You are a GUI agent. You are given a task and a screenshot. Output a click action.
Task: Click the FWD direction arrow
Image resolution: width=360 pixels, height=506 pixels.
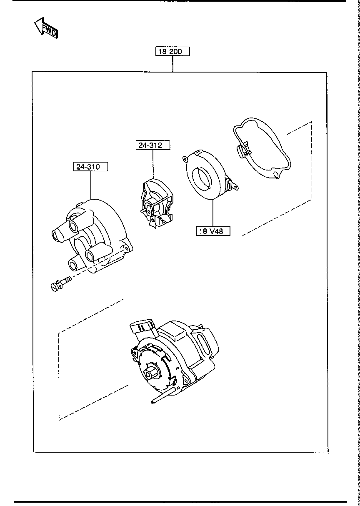(46, 28)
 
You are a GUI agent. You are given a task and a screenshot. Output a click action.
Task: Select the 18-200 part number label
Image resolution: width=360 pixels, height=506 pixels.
(172, 51)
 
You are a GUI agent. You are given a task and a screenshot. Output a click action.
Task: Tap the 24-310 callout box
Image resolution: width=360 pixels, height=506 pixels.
(90, 166)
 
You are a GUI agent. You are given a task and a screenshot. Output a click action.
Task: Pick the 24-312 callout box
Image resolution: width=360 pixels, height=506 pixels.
(153, 145)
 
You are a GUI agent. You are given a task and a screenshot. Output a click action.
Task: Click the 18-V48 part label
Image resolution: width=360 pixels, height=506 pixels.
(213, 231)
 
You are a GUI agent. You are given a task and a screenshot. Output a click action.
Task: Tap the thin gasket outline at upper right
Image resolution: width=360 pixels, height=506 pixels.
(262, 150)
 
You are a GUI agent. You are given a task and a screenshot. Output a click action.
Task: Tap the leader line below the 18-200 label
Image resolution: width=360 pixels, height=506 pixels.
(172, 64)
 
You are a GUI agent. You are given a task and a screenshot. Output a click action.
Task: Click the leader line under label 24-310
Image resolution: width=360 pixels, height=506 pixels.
(90, 185)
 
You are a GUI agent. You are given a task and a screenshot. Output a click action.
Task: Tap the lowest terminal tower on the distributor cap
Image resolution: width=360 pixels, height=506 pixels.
(76, 265)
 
